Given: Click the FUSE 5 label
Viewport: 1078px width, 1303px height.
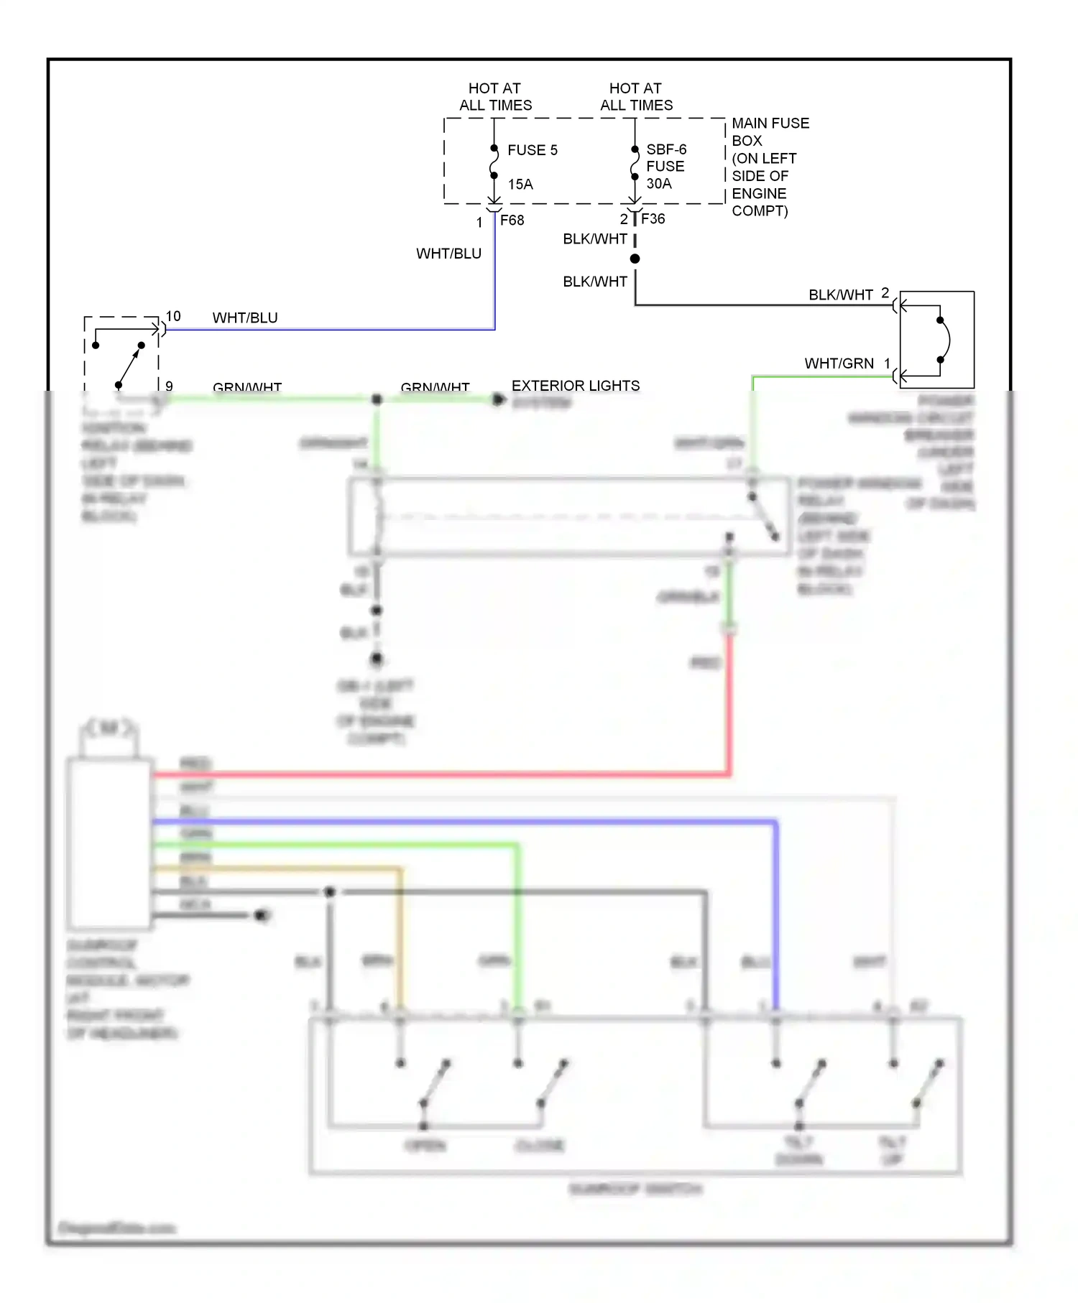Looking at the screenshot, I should click(532, 150).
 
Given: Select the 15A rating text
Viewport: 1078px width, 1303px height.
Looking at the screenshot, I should click(520, 185).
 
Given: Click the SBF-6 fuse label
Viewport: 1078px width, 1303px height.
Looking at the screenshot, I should click(665, 149).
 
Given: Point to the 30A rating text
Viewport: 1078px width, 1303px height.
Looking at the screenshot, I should click(658, 184).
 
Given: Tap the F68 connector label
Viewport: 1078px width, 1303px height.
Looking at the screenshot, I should click(512, 221).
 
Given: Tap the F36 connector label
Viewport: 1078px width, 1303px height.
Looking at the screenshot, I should click(653, 219).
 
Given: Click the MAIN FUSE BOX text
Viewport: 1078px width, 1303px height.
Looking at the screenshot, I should click(769, 131).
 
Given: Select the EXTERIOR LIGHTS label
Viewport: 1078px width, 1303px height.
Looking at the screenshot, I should click(575, 386).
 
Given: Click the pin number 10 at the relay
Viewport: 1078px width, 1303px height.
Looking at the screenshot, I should click(173, 316).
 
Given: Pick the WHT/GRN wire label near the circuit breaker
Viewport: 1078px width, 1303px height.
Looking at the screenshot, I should click(839, 363).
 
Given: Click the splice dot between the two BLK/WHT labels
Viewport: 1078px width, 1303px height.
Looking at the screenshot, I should click(635, 259).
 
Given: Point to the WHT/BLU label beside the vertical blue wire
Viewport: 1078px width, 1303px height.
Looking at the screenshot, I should click(448, 254).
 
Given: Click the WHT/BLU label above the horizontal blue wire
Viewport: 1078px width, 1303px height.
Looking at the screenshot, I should click(245, 317).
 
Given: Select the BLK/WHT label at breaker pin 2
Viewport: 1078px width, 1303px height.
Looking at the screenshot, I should click(840, 295).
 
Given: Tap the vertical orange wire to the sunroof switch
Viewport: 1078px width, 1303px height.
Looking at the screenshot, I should click(400, 941).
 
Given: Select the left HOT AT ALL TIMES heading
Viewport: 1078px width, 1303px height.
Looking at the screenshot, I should click(495, 96).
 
